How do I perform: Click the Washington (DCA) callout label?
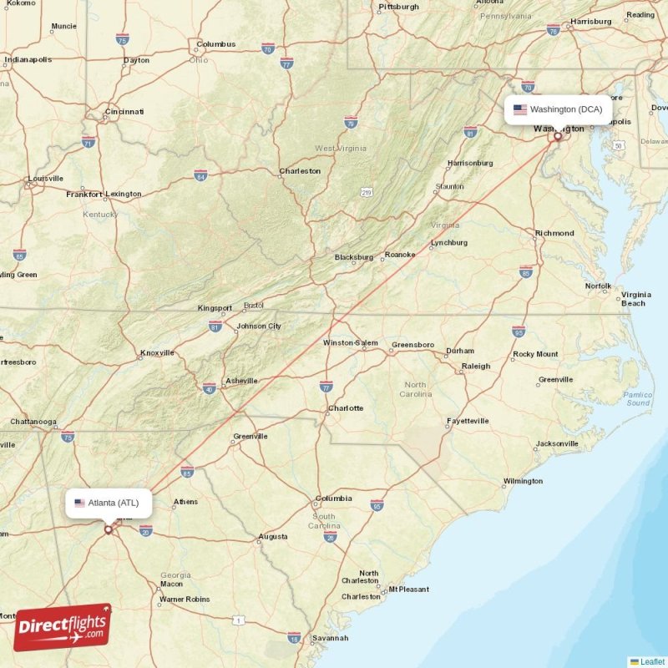click(x=559, y=109)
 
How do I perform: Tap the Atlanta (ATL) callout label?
click(x=109, y=503)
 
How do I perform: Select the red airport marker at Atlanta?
click(x=108, y=529)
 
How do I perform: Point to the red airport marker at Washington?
click(x=558, y=135)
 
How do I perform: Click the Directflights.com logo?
click(x=63, y=627)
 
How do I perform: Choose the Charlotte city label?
click(x=345, y=408)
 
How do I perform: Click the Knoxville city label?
click(x=157, y=352)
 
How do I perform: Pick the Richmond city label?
click(x=554, y=233)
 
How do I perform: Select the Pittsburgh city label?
click(x=398, y=7)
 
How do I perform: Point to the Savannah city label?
click(x=330, y=638)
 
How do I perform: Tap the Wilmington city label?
click(x=523, y=481)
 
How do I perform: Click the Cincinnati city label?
click(x=124, y=111)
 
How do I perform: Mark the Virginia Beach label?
click(x=635, y=299)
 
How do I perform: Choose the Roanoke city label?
click(x=399, y=255)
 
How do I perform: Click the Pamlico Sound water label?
click(x=638, y=398)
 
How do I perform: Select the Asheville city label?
click(x=241, y=381)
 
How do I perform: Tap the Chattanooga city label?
click(x=33, y=422)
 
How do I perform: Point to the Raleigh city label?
click(x=476, y=366)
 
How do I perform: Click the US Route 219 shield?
click(x=366, y=193)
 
